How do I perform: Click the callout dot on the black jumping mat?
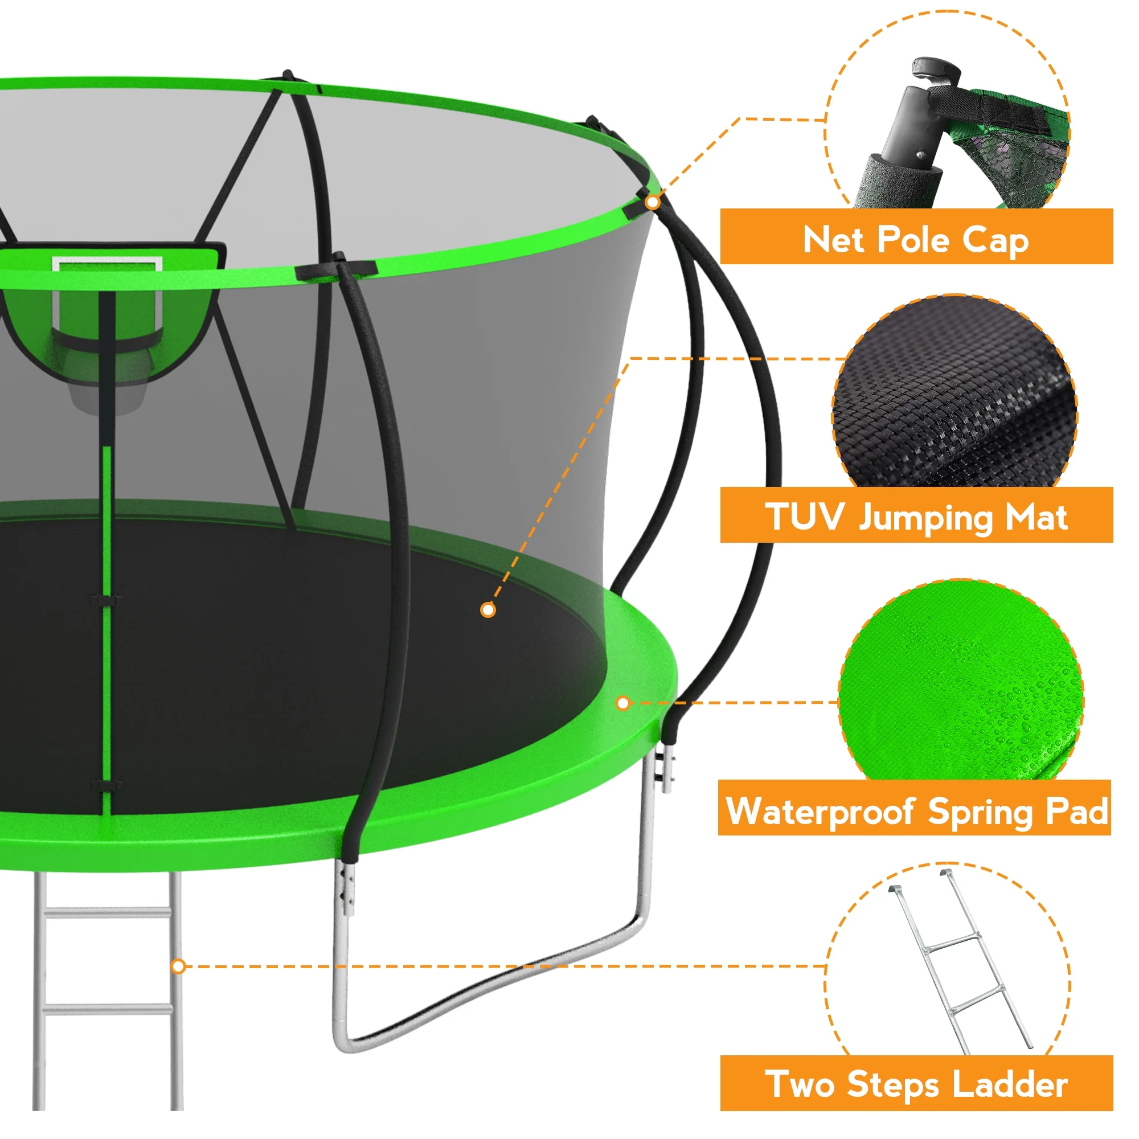click(x=487, y=609)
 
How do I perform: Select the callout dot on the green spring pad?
click(x=622, y=703)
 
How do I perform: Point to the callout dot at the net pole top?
click(x=652, y=202)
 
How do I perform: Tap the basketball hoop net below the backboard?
click(x=106, y=378)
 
